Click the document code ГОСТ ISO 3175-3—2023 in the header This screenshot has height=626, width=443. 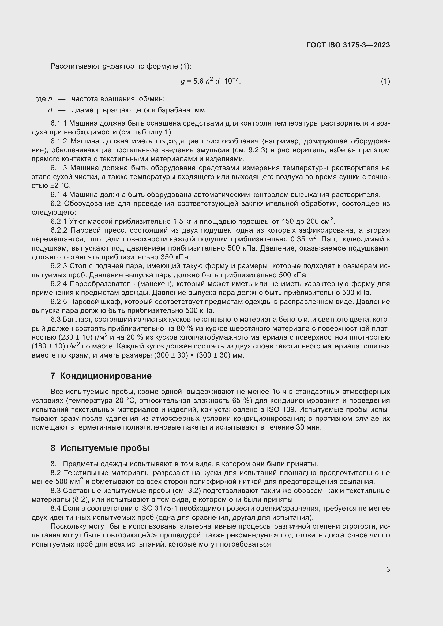348,45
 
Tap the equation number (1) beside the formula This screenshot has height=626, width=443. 385,81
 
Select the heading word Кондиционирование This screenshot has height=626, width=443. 106,376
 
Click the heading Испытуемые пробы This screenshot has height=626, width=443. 104,448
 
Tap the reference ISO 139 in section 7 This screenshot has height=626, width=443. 281,409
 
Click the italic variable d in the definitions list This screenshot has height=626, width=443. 50,110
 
